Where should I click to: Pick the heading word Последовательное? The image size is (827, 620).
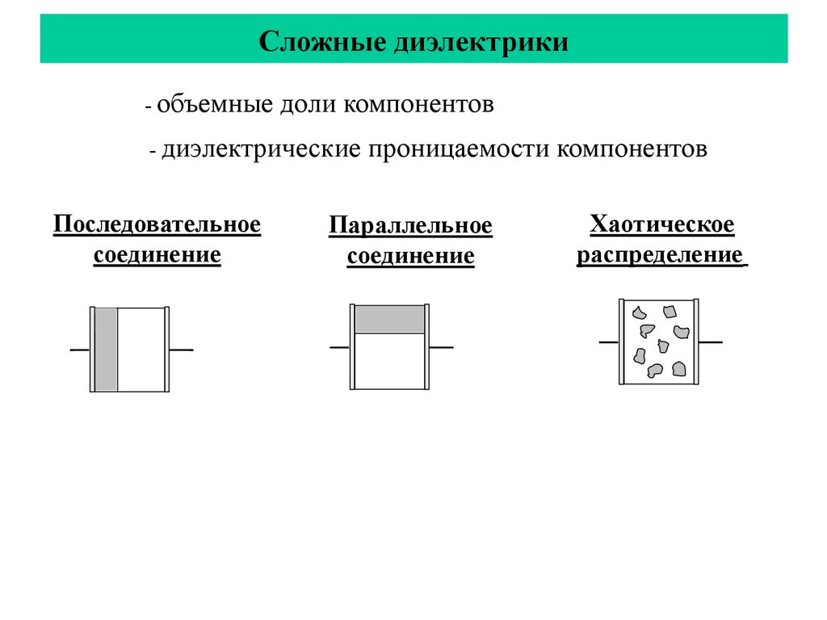157,224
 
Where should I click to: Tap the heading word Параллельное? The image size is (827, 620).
410,226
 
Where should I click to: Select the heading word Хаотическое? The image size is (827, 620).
662,224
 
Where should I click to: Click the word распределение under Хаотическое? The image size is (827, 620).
659,255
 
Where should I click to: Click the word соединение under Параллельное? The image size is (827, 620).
410,258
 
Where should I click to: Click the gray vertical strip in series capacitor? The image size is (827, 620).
106,349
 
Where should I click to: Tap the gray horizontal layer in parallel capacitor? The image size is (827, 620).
389,319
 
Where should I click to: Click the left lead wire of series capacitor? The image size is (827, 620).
79,350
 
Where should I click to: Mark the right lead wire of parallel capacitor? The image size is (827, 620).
441,347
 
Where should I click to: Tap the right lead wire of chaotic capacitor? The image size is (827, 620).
710,342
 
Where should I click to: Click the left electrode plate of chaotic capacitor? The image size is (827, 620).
622,342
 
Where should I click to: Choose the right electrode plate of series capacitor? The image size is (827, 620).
167,349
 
